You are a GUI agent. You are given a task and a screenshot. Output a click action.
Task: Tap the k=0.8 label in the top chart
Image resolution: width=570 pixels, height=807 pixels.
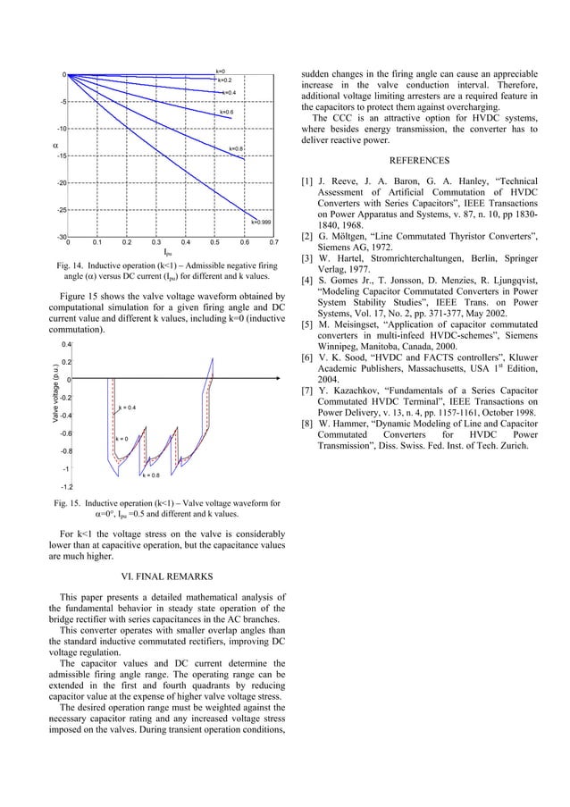(237, 149)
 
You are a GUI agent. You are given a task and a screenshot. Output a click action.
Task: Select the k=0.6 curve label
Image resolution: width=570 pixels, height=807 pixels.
(227, 113)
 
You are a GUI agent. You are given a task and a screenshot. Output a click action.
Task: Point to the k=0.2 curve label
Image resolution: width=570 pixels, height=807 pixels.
(224, 80)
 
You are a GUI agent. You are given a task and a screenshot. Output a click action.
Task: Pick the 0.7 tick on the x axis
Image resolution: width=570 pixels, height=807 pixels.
(273, 242)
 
